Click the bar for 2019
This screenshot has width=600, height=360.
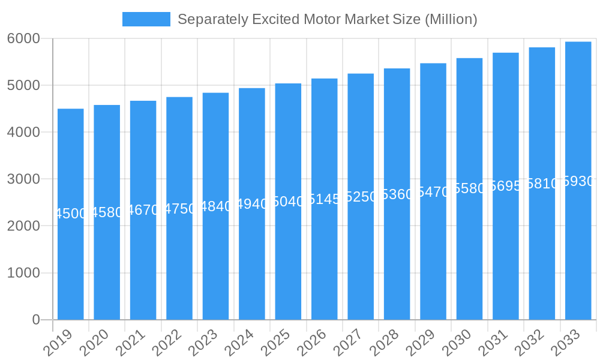[71, 264]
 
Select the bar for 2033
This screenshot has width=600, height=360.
[578, 252]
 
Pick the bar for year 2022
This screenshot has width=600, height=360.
[179, 264]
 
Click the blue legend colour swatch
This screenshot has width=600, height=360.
[146, 19]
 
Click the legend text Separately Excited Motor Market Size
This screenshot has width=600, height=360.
[327, 19]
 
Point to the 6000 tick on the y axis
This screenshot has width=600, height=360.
[23, 38]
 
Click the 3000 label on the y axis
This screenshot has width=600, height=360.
[23, 179]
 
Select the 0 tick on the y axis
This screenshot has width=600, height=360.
[36, 320]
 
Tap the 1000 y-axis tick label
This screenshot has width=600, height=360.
[23, 273]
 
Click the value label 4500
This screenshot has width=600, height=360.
[71, 214]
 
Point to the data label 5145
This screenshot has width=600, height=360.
[325, 199]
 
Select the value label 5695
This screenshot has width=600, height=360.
[506, 186]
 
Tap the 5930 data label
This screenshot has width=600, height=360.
[578, 181]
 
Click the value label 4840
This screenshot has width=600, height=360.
[216, 206]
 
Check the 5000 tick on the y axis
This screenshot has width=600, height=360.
[23, 85]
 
